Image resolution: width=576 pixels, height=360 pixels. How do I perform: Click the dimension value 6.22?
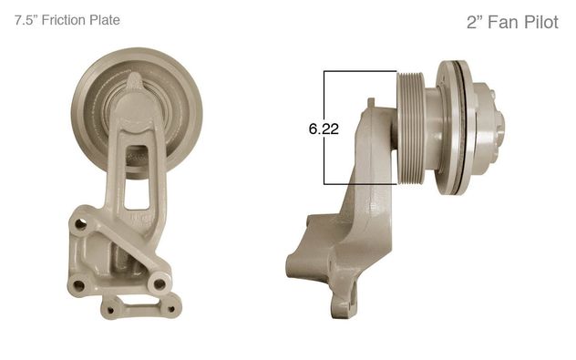click(324, 129)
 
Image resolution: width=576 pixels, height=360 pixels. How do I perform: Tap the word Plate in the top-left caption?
click(104, 20)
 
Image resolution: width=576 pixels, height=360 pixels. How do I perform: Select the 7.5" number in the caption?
click(26, 20)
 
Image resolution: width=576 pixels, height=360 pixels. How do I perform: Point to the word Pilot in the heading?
click(541, 23)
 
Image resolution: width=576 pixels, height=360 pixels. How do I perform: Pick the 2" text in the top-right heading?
click(474, 23)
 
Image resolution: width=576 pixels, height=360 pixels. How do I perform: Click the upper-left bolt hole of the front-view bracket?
click(80, 223)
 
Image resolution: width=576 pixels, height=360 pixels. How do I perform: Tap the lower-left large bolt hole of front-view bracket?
click(78, 284)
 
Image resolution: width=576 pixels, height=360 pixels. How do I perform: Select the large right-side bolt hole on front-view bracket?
click(159, 284)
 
